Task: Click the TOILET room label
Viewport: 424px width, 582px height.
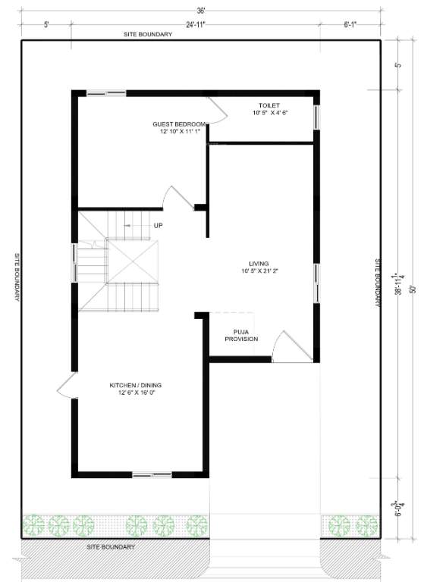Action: point(269,105)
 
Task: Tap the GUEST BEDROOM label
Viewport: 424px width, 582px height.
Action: point(179,124)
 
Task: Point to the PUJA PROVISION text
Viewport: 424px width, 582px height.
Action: point(241,335)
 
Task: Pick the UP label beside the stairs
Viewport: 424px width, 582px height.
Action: point(159,225)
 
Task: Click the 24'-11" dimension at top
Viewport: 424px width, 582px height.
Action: point(196,24)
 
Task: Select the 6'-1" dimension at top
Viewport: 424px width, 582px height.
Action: point(350,24)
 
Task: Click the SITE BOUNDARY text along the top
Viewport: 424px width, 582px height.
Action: point(149,35)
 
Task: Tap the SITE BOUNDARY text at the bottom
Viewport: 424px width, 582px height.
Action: point(111,546)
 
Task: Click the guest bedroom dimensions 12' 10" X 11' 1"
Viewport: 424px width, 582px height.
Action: point(179,131)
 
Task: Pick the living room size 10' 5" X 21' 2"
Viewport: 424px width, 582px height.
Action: point(259,271)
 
